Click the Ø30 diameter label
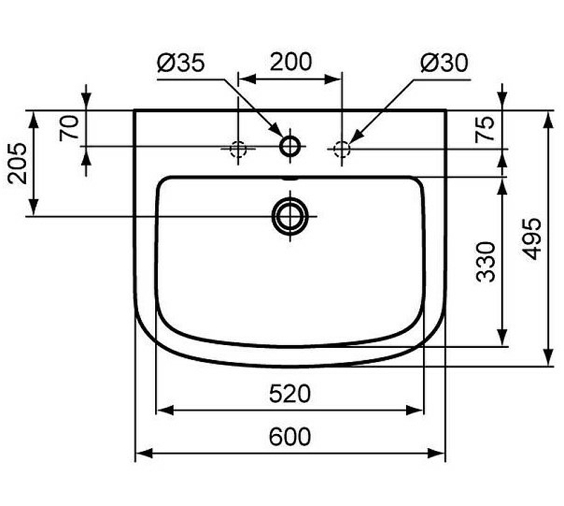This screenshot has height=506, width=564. tap(443, 64)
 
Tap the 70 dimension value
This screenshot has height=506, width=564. tap(68, 128)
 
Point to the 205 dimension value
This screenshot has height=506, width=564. tap(18, 163)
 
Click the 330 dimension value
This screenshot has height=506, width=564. tap(486, 261)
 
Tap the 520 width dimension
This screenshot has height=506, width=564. tap(289, 393)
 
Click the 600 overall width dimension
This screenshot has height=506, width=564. tap(289, 437)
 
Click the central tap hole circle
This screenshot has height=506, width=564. tap(290, 147)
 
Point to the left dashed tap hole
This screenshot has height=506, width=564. tap(238, 148)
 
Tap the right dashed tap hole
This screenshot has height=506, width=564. tap(342, 148)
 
